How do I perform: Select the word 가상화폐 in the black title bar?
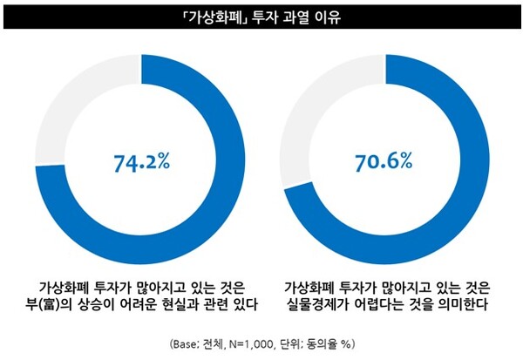coord(209,17)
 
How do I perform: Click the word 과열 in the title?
coord(302,17)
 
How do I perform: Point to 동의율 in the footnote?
coord(317,343)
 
